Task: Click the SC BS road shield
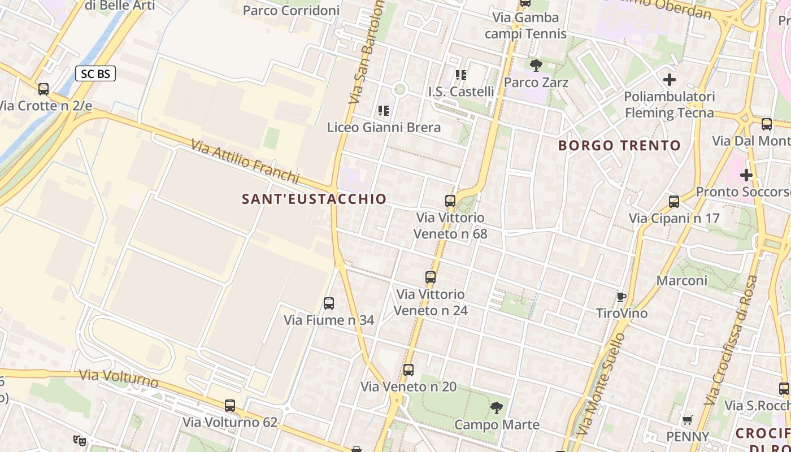[x=95, y=73]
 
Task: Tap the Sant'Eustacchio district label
[x=314, y=199]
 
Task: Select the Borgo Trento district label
[x=619, y=145]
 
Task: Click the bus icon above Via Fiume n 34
[x=329, y=303]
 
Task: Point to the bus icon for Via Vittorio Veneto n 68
[x=450, y=201]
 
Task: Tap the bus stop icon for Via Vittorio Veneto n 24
[x=431, y=277]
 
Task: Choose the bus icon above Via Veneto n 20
[x=408, y=370]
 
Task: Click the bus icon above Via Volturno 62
[x=230, y=405]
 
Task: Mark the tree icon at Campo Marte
[x=497, y=407]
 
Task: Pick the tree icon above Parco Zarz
[x=536, y=66]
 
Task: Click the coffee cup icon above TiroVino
[x=621, y=297]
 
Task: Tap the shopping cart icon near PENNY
[x=688, y=420]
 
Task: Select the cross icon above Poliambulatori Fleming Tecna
[x=670, y=80]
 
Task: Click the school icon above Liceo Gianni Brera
[x=384, y=110]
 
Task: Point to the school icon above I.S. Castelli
[x=461, y=75]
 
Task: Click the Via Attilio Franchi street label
[x=245, y=162]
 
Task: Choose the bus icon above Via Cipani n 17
[x=674, y=202]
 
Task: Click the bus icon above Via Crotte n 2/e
[x=44, y=89]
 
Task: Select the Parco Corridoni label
[x=291, y=10]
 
